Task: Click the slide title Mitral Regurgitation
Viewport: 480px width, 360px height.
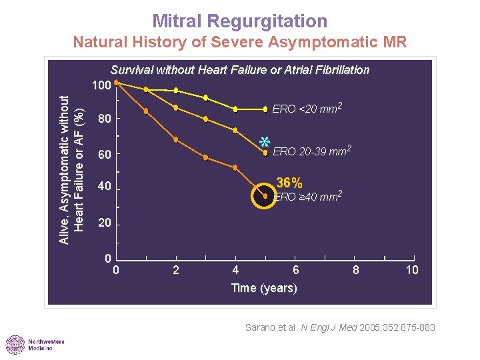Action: [240, 21]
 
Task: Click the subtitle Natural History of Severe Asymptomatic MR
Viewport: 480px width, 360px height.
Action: [240, 43]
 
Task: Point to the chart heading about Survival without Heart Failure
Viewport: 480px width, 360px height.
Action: [240, 70]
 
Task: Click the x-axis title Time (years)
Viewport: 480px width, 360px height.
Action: [264, 288]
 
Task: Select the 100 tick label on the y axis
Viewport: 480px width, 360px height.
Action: [101, 86]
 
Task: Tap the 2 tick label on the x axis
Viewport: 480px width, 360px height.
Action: [175, 270]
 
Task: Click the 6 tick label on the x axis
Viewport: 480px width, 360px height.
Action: [296, 270]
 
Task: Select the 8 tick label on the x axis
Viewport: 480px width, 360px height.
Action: [356, 270]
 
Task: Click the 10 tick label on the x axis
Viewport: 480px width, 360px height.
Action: [413, 270]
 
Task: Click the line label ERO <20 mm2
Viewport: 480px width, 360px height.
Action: [307, 108]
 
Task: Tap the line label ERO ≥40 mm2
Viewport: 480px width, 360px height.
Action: [308, 196]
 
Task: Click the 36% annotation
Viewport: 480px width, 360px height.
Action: [289, 183]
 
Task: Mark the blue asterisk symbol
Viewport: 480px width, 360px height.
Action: [264, 142]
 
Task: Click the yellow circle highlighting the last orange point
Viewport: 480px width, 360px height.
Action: [265, 196]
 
